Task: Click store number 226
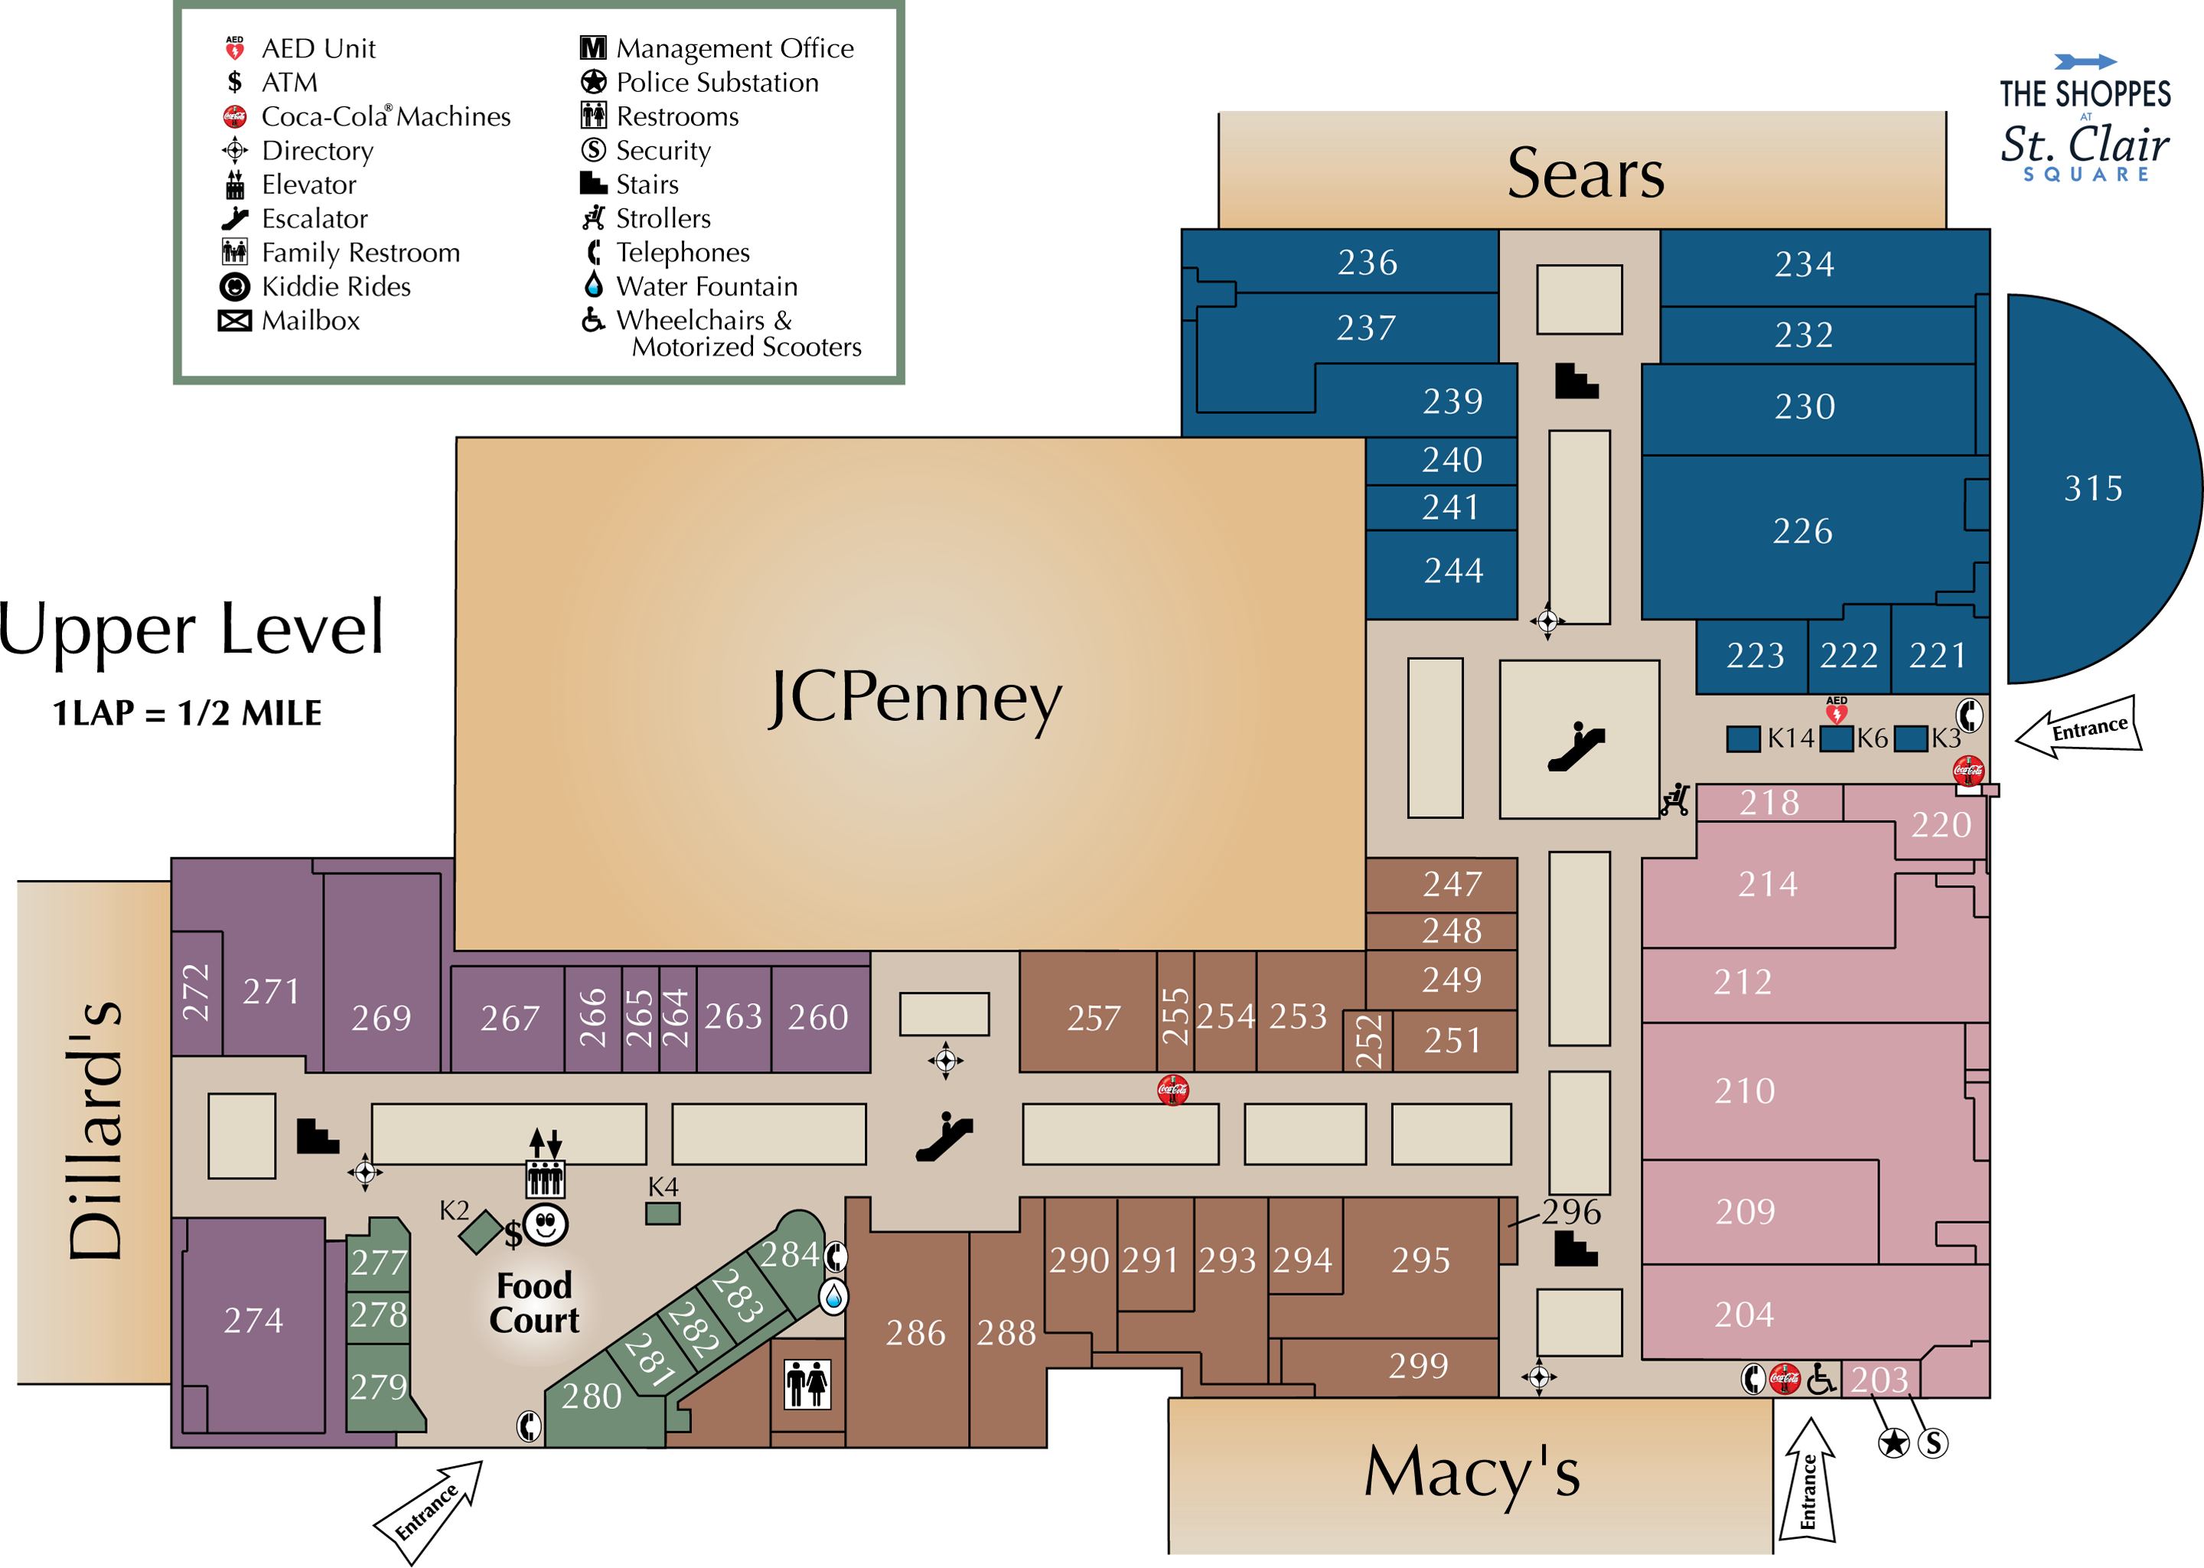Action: click(x=1802, y=531)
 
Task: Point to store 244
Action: click(x=1453, y=571)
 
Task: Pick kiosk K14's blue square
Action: click(x=1743, y=738)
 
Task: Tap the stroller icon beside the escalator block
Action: click(x=1676, y=800)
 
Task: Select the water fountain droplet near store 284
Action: click(x=833, y=1296)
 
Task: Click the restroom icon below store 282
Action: click(x=807, y=1384)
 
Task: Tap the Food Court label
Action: click(x=534, y=1302)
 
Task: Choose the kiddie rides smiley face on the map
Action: click(x=546, y=1224)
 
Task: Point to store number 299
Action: click(x=1418, y=1365)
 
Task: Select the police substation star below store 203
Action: click(x=1894, y=1442)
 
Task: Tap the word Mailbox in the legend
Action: click(x=311, y=321)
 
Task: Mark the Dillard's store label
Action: click(x=95, y=1130)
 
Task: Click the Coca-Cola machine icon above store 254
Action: click(x=1173, y=1090)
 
